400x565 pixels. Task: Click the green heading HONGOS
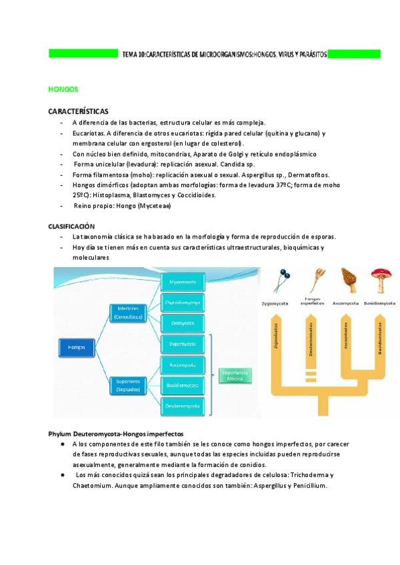[x=63, y=89]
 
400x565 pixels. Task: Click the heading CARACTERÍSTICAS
[x=79, y=111]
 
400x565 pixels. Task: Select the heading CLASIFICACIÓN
[x=71, y=227]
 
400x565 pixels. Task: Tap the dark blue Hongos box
[x=76, y=346]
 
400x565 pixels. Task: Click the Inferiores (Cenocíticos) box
[x=128, y=313]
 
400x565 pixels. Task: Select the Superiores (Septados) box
[x=128, y=384]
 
